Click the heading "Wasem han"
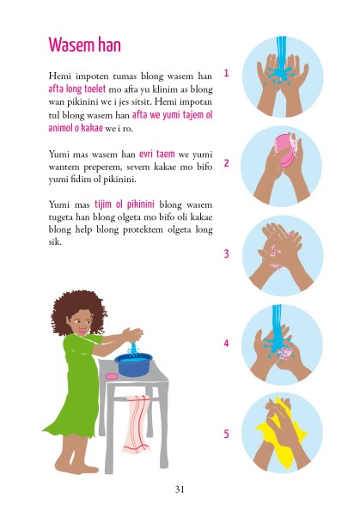tap(83, 44)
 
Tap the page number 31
tap(180, 489)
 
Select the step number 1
tap(226, 73)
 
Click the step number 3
tap(226, 253)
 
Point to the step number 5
tap(226, 434)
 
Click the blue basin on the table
tap(134, 364)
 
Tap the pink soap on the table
tap(111, 375)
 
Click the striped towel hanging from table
tap(136, 423)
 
